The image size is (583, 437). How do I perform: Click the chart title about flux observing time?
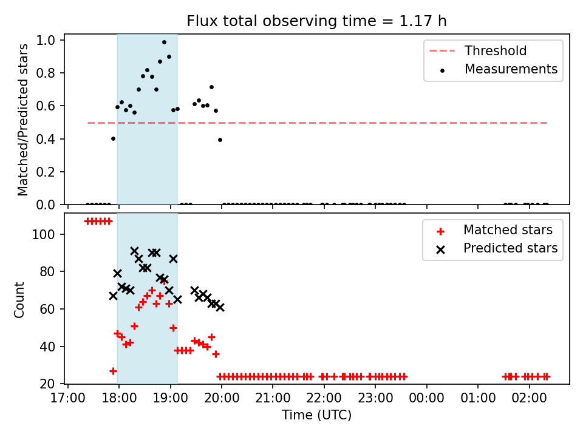(316, 21)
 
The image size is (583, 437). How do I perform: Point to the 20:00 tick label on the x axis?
(222, 398)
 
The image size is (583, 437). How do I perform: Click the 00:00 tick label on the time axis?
(426, 398)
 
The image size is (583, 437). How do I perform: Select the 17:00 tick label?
(67, 398)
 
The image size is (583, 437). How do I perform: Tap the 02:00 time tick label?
(529, 398)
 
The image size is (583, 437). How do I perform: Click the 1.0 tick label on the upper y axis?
(46, 40)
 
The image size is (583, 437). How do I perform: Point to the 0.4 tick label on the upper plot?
(46, 139)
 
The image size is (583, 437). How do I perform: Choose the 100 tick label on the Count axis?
(44, 234)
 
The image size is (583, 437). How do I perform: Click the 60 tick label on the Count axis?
(47, 309)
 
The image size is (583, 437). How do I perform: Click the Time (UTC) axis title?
(316, 415)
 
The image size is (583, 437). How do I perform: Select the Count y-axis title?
(19, 300)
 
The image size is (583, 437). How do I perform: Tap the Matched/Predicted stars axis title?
(22, 120)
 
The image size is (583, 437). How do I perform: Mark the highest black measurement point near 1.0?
(164, 42)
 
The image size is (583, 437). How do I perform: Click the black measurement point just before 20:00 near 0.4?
(220, 140)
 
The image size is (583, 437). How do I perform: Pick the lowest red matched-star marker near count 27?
(113, 371)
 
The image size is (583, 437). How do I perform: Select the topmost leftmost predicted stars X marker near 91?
(134, 251)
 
